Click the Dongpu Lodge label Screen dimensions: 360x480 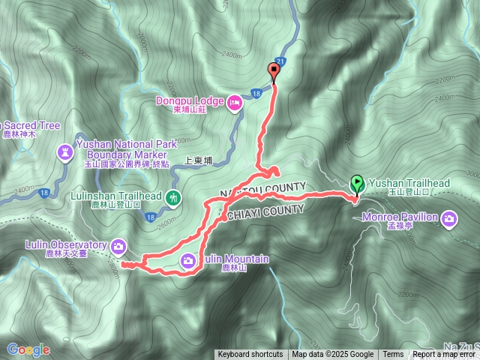pyautogui.click(x=190, y=100)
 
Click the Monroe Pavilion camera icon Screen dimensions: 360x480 pyautogui.click(x=449, y=218)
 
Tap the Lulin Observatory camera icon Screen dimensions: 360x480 pyautogui.click(x=119, y=245)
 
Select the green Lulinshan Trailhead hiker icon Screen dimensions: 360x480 pyautogui.click(x=174, y=198)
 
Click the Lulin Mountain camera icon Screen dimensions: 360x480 pyautogui.click(x=188, y=260)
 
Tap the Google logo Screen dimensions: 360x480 pyautogui.click(x=28, y=349)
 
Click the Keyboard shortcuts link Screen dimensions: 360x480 pyautogui.click(x=250, y=355)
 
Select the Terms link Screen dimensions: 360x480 pyautogui.click(x=393, y=355)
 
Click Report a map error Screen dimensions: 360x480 pyautogui.click(x=443, y=355)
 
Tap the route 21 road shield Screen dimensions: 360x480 pyautogui.click(x=280, y=61)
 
